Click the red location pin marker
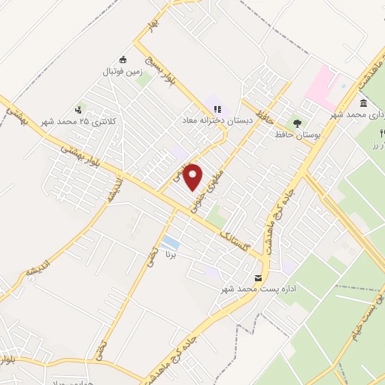point(193,176)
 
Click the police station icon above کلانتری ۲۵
point(79,110)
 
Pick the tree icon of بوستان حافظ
point(298,123)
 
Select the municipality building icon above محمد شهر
point(364,103)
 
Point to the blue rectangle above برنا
point(171,242)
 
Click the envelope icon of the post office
point(259,278)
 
